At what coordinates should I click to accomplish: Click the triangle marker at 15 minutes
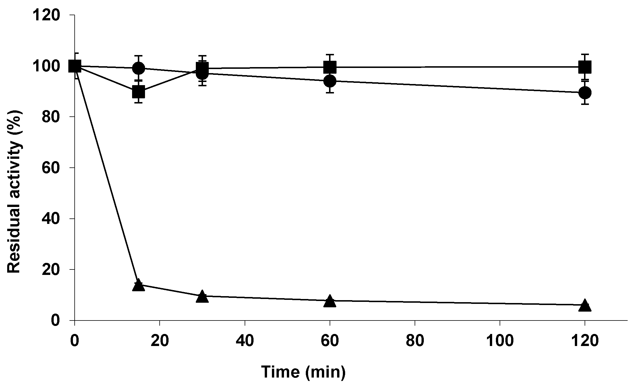click(x=138, y=286)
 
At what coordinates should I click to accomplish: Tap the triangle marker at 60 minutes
click(x=330, y=301)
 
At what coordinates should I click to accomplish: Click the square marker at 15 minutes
click(x=138, y=92)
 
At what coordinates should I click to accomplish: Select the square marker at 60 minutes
click(x=330, y=67)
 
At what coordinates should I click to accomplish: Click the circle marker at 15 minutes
click(x=138, y=68)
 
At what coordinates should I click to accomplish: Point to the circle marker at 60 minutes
click(x=330, y=81)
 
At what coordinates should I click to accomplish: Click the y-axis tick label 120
click(x=46, y=15)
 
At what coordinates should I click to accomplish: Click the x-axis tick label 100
click(x=500, y=341)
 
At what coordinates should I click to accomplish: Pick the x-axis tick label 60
click(x=330, y=341)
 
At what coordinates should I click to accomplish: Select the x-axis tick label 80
click(x=415, y=341)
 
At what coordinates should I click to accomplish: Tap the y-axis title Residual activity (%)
click(x=14, y=192)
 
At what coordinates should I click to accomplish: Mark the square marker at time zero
click(x=75, y=66)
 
